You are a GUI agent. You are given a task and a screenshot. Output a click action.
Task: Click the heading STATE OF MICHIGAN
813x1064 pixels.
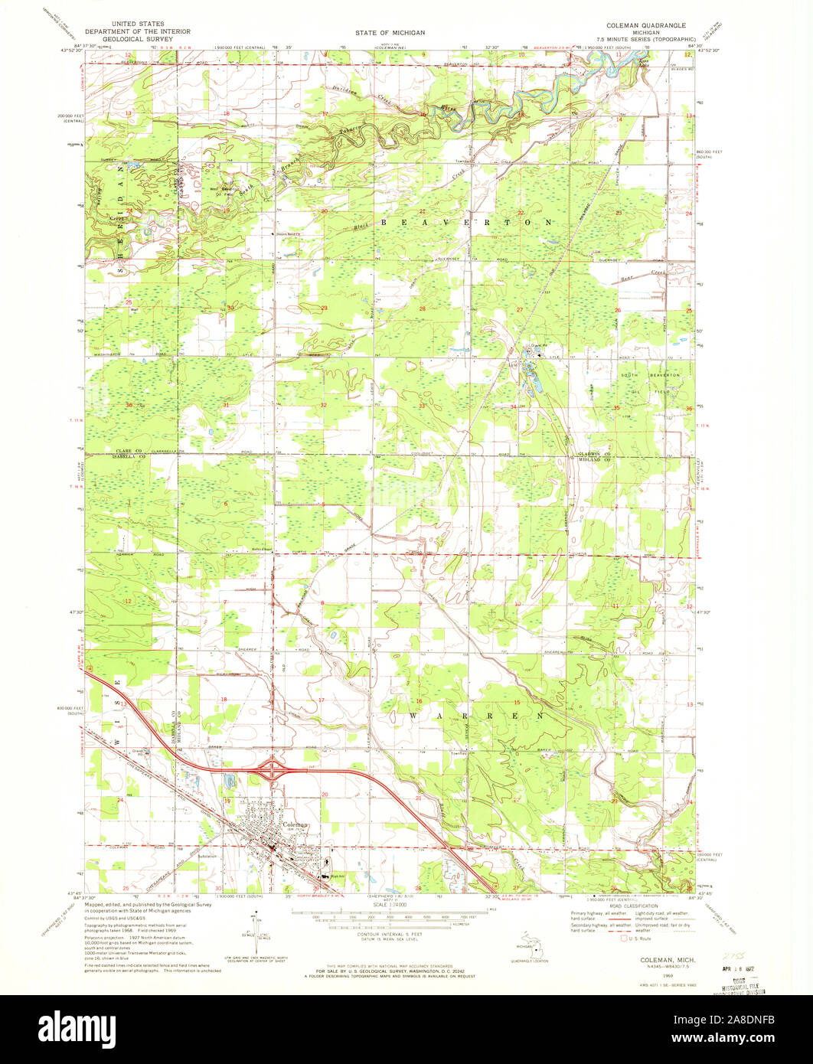click(x=390, y=33)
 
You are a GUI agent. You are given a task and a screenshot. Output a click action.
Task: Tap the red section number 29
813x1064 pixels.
click(x=324, y=308)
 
